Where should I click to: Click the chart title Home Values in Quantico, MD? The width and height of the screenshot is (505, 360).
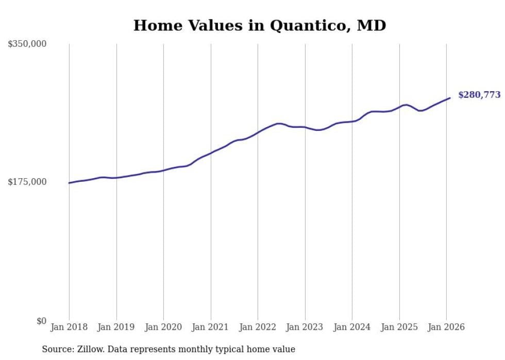pos(259,25)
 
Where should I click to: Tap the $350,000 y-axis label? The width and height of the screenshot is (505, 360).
pos(27,44)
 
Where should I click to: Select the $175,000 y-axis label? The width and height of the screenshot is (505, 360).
pos(27,182)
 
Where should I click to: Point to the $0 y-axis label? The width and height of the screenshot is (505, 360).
pos(41,321)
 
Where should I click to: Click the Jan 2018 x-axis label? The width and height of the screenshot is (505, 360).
pos(69,327)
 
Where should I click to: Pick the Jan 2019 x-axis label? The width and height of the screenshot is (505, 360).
pos(116,327)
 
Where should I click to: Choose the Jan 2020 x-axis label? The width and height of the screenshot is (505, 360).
pos(163,327)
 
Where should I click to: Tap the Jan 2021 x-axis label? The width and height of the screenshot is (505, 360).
pos(210,327)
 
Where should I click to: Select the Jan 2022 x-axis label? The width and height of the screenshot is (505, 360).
pos(258,327)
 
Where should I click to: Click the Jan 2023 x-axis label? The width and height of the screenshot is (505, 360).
pos(305,327)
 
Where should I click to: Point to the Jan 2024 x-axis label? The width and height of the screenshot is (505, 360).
pos(352,327)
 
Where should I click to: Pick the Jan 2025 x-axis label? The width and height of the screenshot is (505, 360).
pos(399,327)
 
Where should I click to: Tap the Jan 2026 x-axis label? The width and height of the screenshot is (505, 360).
pos(446,327)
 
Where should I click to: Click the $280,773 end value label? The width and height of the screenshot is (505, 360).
pos(479,95)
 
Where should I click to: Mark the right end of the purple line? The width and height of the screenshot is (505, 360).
pos(450,98)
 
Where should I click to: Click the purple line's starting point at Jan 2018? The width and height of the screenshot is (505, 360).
pos(69,183)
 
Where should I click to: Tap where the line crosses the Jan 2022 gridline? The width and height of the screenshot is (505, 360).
pos(258,132)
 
